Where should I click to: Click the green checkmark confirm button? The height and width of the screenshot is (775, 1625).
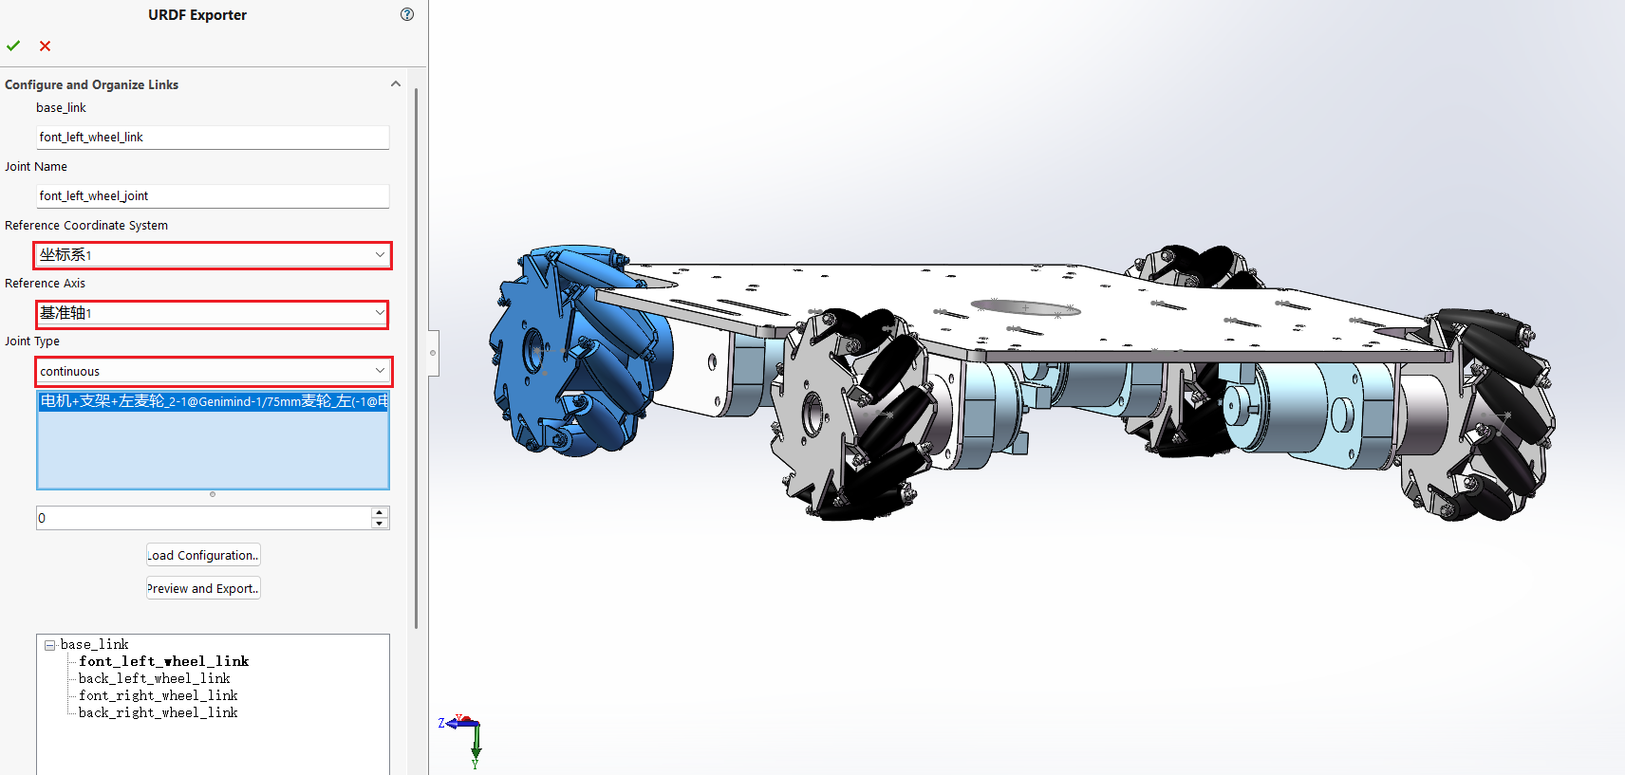(x=13, y=46)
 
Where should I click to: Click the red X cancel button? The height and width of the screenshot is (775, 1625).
(x=45, y=46)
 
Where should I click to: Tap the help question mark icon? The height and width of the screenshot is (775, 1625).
(x=407, y=14)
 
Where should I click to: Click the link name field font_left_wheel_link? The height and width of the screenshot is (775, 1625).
(x=213, y=137)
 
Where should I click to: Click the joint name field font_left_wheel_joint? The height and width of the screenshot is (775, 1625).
(x=213, y=195)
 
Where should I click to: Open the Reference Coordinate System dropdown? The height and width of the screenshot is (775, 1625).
(x=213, y=255)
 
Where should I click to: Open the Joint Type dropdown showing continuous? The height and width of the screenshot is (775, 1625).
(x=214, y=371)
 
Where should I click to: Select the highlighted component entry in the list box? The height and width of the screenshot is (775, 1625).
(x=214, y=401)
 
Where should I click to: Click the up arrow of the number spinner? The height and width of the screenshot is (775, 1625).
(x=379, y=512)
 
